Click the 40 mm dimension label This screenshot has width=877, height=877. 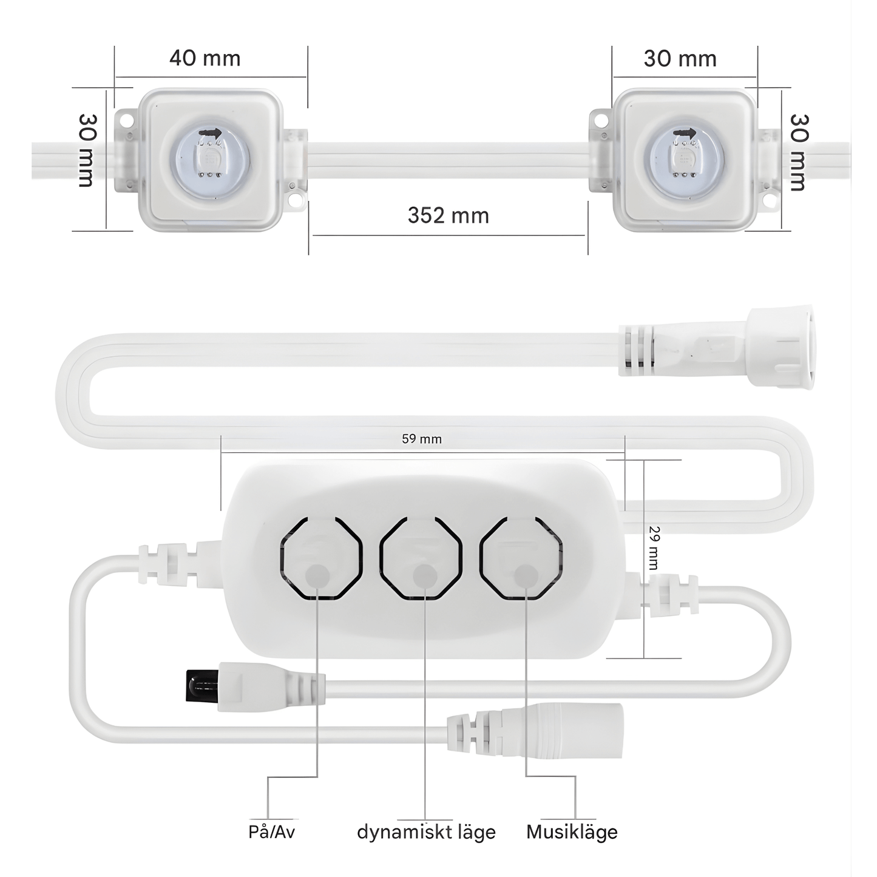pos(205,59)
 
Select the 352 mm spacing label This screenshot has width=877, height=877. pos(448,215)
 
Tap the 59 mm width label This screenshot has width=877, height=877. pos(421,439)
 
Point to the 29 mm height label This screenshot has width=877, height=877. pos(654,547)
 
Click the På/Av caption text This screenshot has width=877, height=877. pos(271,831)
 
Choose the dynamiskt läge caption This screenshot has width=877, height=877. pos(426,831)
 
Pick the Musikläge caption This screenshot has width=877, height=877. pos(572,831)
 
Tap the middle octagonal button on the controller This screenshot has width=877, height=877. pos(421,558)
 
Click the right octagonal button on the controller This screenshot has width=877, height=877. pos(521,558)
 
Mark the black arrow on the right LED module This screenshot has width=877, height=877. pos(684,134)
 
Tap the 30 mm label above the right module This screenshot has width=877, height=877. pos(680,59)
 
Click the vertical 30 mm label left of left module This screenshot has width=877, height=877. pos(87,150)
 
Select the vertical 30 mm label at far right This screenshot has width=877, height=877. pos(798,152)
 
